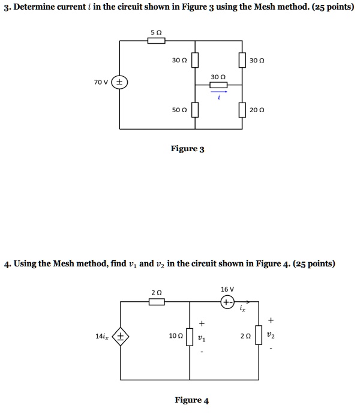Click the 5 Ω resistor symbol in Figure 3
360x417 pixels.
pyautogui.click(x=156, y=40)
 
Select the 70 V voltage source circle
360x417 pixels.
pyautogui.click(x=120, y=82)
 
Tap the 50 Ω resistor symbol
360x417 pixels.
pyautogui.click(x=195, y=110)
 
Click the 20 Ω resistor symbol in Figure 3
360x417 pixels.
pyautogui.click(x=243, y=110)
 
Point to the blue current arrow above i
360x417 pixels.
pyautogui.click(x=219, y=92)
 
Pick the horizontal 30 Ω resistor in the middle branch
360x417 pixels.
pyautogui.click(x=218, y=85)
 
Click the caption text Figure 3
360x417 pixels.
pyautogui.click(x=188, y=149)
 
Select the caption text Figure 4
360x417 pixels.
pyautogui.click(x=191, y=400)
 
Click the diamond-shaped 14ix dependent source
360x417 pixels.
pyautogui.click(x=121, y=337)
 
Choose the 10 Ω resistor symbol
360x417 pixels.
pyautogui.click(x=190, y=337)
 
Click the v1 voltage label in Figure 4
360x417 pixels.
pyautogui.click(x=203, y=337)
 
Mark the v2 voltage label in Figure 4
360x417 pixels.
pyautogui.click(x=272, y=337)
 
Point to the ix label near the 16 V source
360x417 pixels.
pyautogui.click(x=242, y=310)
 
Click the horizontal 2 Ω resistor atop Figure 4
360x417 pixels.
pyautogui.click(x=156, y=302)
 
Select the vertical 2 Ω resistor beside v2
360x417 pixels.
pyautogui.click(x=259, y=337)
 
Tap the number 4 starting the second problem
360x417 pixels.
pyautogui.click(x=5, y=264)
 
